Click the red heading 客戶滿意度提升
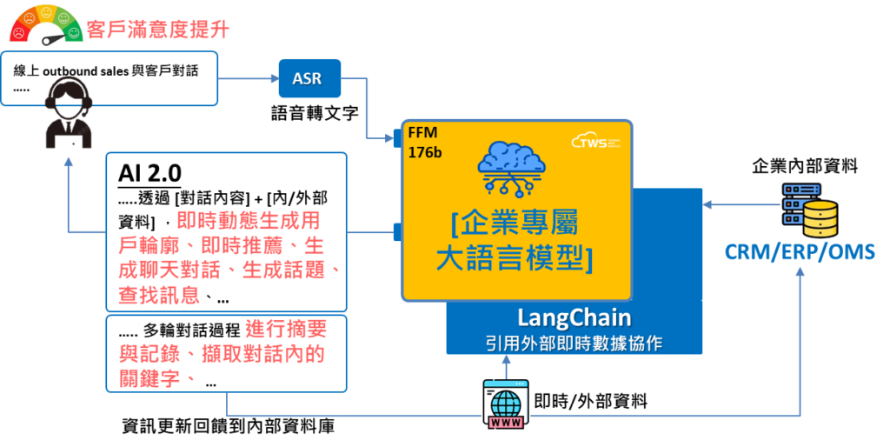(x=158, y=30)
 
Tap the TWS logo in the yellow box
(x=595, y=141)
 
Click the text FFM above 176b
(x=422, y=135)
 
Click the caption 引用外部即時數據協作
(x=574, y=343)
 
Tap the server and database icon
(x=808, y=210)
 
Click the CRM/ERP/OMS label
(x=800, y=252)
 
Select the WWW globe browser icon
(x=506, y=404)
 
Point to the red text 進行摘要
(x=286, y=330)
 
